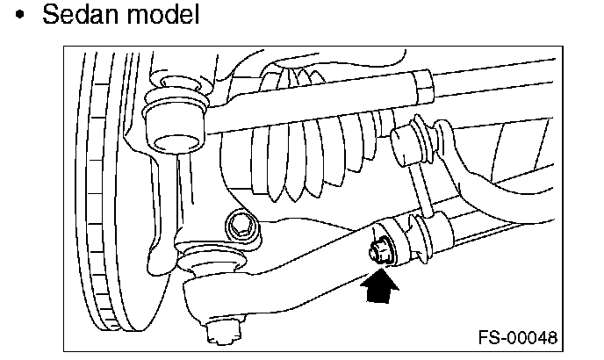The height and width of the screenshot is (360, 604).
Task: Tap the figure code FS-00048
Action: point(517,338)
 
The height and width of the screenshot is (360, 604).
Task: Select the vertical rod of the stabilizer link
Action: point(419,189)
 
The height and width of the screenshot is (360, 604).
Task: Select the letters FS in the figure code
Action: point(487,338)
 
